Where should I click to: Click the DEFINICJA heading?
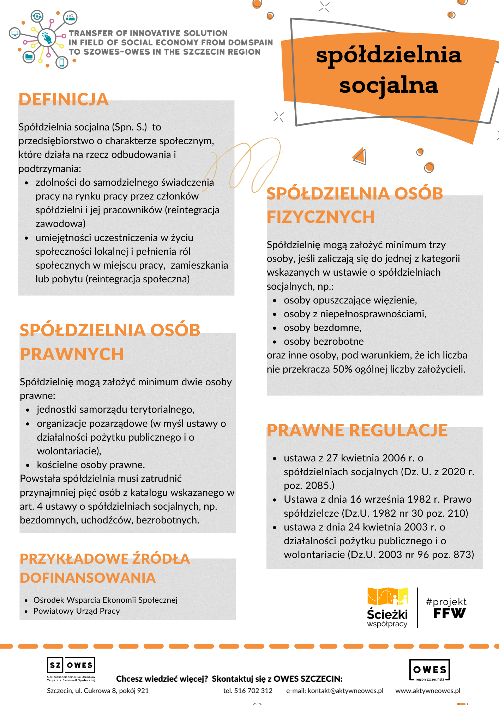pyautogui.click(x=64, y=99)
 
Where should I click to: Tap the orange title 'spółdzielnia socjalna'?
pyautogui.click(x=389, y=70)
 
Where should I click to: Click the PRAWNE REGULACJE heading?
pyautogui.click(x=357, y=430)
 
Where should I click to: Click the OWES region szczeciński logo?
pyautogui.click(x=429, y=670)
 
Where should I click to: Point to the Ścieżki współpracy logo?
pyautogui.click(x=387, y=607)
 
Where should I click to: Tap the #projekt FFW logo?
pyautogui.click(x=446, y=608)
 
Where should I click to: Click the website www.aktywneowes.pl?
pyautogui.click(x=428, y=691)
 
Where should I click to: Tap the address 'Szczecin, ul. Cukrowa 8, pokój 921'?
pyautogui.click(x=98, y=691)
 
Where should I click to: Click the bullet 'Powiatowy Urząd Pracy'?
pyautogui.click(x=77, y=611)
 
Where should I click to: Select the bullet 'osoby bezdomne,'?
pyautogui.click(x=322, y=327)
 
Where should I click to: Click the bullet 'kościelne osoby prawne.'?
pyautogui.click(x=91, y=465)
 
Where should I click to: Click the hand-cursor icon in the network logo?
pyautogui.click(x=47, y=37)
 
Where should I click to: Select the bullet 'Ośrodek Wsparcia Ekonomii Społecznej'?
pyautogui.click(x=105, y=600)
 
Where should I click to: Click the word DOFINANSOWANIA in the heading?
pyautogui.click(x=88, y=578)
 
